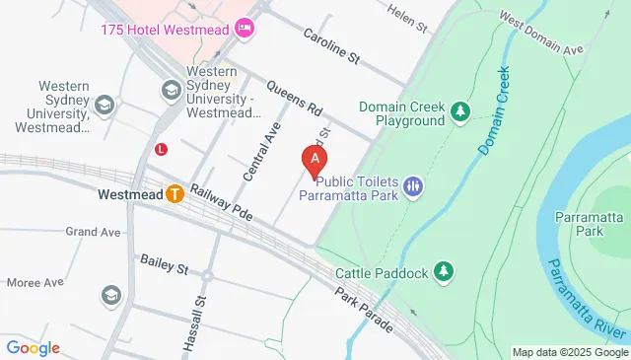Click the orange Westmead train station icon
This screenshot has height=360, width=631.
pos(175,194)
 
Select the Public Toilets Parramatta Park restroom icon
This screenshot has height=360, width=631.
pos(414,185)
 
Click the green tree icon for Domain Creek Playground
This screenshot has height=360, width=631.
pos(459,112)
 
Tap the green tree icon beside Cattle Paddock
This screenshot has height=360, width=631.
pos(445,271)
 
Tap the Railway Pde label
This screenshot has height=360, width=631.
pos(223,203)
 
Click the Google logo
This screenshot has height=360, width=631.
pos(33,348)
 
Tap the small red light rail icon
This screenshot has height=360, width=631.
pos(161,149)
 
